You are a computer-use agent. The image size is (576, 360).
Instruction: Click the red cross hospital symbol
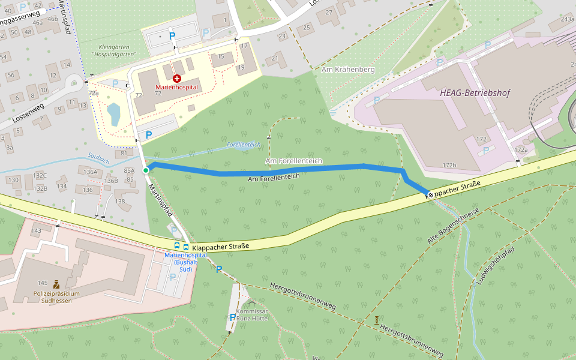pyautogui.click(x=177, y=79)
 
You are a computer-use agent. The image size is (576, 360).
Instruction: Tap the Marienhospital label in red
pyautogui.click(x=176, y=88)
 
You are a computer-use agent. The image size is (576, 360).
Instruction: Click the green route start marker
pyautogui.click(x=146, y=171)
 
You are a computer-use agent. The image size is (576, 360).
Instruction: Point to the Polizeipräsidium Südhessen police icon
pyautogui.click(x=56, y=284)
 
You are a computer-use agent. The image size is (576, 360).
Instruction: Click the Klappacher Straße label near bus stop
pyautogui.click(x=221, y=246)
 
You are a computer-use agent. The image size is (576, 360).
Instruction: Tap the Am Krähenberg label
pyautogui.click(x=348, y=70)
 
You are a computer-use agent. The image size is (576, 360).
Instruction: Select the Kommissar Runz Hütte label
pyautogui.click(x=251, y=315)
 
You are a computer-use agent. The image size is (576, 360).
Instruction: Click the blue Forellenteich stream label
pyautogui.click(x=244, y=145)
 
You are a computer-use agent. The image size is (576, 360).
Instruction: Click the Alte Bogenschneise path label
pyautogui.click(x=453, y=227)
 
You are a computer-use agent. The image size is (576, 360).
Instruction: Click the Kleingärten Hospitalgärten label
pyautogui.click(x=113, y=50)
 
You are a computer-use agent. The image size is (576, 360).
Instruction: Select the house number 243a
pyautogui.click(x=567, y=20)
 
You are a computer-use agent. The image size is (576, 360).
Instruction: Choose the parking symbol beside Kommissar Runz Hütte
pyautogui.click(x=233, y=317)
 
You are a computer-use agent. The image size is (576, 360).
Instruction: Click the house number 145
pyautogui.click(x=43, y=283)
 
